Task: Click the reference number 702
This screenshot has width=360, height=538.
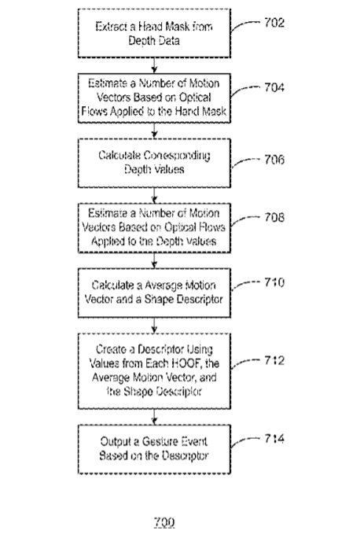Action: pos(274,23)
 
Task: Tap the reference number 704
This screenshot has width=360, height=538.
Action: pos(274,87)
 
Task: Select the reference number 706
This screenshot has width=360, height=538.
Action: pos(274,160)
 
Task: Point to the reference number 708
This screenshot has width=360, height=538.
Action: pos(274,217)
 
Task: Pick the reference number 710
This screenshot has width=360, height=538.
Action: pos(274,282)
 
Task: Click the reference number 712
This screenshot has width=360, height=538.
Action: pos(274,360)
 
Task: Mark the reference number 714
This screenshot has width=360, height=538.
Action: pos(274,438)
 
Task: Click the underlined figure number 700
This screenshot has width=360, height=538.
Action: pos(164,522)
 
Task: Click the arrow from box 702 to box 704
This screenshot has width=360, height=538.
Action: pos(154,65)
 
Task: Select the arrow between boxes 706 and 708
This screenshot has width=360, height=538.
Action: pos(154,195)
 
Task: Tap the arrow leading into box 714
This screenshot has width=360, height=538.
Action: pos(154,417)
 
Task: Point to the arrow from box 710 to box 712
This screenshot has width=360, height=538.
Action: pos(154,326)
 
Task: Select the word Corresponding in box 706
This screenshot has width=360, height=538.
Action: pos(177,156)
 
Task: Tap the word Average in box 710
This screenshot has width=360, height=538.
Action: pos(163,286)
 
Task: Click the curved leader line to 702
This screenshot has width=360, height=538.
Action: pos(244,25)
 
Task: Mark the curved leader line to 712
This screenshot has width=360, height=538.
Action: pos(244,363)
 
